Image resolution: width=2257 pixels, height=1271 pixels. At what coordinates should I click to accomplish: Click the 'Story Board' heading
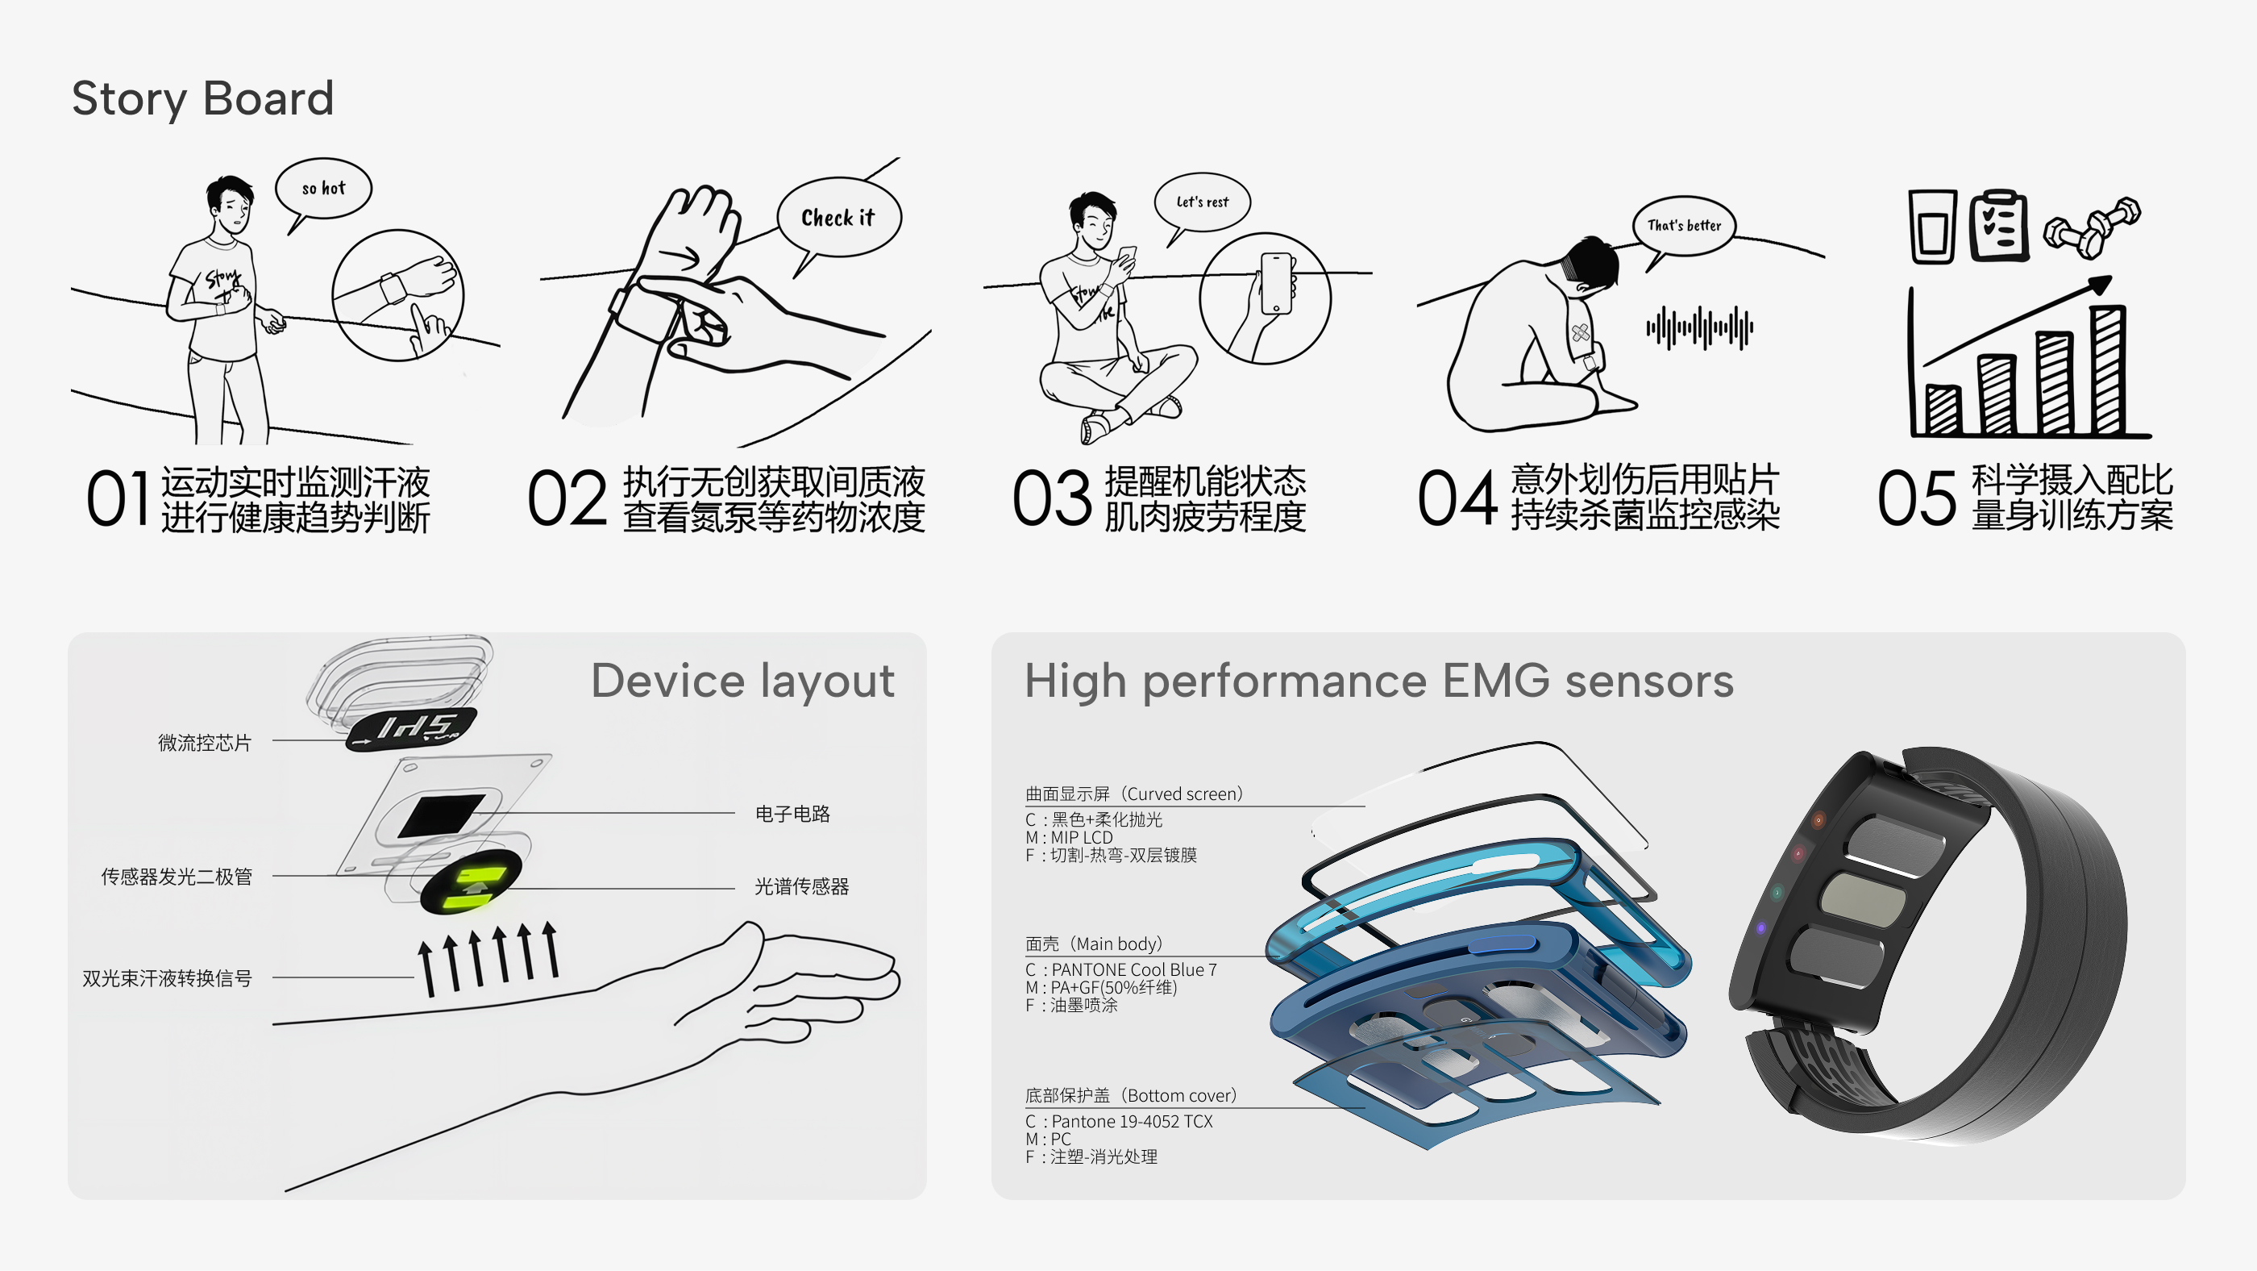pyautogui.click(x=202, y=98)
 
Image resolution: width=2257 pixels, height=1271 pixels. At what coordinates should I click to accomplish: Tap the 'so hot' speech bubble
pyautogui.click(x=323, y=190)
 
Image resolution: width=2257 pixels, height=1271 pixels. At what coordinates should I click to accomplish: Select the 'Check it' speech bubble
pyautogui.click(x=838, y=219)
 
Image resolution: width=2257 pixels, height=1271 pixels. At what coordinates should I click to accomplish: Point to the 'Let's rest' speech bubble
pyautogui.click(x=1202, y=203)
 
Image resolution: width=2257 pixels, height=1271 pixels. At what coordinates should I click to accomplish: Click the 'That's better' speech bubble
pyautogui.click(x=1684, y=226)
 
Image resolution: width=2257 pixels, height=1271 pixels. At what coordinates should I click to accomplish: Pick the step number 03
pyautogui.click(x=1051, y=498)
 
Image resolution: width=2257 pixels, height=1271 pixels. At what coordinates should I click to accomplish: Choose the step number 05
pyautogui.click(x=1916, y=498)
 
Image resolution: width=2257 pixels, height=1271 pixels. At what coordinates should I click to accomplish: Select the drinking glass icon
pyautogui.click(x=1933, y=226)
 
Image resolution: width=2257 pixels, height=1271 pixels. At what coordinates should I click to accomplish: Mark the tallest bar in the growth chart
pyautogui.click(x=2108, y=370)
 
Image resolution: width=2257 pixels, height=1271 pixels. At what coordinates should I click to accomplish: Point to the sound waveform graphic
pyautogui.click(x=1700, y=327)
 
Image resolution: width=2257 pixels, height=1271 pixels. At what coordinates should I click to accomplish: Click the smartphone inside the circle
pyautogui.click(x=1277, y=283)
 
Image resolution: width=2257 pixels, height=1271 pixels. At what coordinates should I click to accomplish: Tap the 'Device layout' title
pyautogui.click(x=743, y=681)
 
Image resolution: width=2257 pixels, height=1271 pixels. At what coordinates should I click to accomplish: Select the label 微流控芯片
pyautogui.click(x=204, y=743)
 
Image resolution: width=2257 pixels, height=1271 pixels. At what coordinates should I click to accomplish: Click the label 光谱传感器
pyautogui.click(x=802, y=886)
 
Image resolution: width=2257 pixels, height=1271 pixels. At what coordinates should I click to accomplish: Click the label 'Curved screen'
pyautogui.click(x=1183, y=794)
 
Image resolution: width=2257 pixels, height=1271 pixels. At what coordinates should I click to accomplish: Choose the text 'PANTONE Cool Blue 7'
pyautogui.click(x=1134, y=969)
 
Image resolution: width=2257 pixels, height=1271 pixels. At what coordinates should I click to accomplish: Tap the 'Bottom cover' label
pyautogui.click(x=1181, y=1095)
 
